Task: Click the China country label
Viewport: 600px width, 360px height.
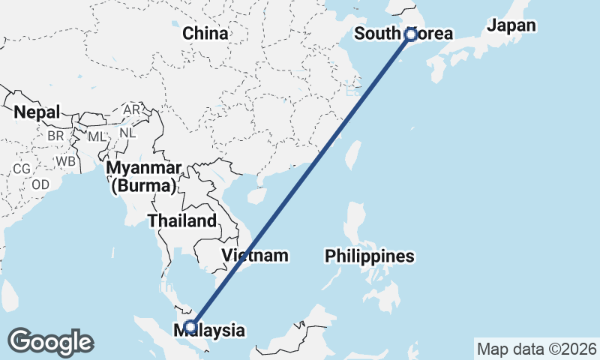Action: click(x=205, y=34)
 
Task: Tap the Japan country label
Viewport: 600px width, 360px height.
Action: click(x=511, y=25)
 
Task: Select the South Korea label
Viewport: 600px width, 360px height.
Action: click(x=403, y=34)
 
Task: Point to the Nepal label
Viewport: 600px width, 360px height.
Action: click(x=37, y=112)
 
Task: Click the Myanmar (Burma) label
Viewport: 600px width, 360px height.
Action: click(x=143, y=176)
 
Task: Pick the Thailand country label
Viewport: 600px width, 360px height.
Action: click(x=182, y=221)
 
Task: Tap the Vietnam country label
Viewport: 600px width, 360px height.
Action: click(x=255, y=256)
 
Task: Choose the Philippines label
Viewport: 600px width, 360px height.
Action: click(x=370, y=256)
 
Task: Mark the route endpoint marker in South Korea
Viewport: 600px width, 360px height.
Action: click(x=410, y=34)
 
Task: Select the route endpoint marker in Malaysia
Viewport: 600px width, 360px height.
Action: click(x=190, y=326)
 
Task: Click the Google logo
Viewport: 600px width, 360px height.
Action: click(x=50, y=342)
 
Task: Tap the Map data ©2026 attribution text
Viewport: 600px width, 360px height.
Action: click(x=536, y=349)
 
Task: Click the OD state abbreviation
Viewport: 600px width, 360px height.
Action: click(x=40, y=184)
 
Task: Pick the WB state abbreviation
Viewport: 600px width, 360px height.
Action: click(x=65, y=160)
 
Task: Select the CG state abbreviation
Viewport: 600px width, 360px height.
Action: click(x=22, y=169)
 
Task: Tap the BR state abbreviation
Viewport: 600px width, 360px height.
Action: click(x=55, y=136)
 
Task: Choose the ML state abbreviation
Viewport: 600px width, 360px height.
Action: click(x=97, y=137)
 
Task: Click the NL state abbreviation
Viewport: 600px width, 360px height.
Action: click(x=127, y=133)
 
